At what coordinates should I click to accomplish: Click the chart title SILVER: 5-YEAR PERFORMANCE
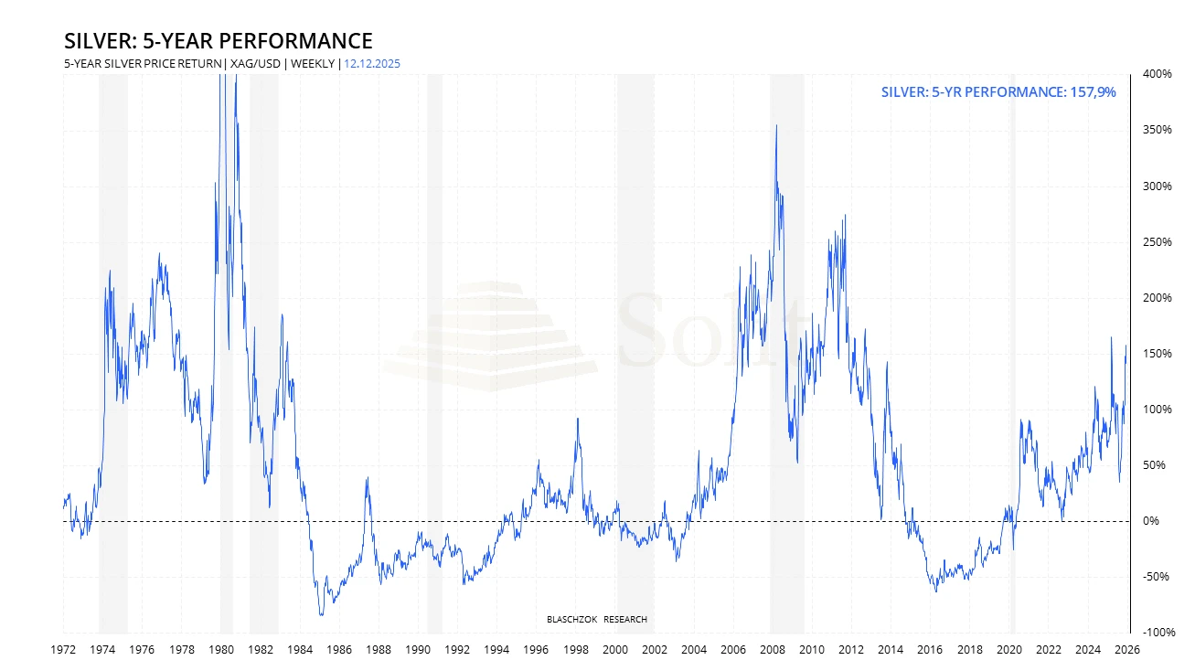[x=218, y=41]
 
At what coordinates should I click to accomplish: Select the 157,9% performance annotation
[x=998, y=92]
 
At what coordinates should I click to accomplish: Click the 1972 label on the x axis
[x=63, y=650]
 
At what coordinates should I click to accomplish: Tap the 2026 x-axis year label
[x=1127, y=650]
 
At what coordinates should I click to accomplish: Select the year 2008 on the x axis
[x=773, y=650]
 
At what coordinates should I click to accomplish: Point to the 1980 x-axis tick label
[x=220, y=650]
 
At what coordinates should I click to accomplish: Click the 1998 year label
[x=575, y=650]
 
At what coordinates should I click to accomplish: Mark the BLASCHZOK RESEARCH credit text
[x=596, y=620]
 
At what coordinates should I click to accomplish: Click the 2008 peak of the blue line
[x=776, y=126]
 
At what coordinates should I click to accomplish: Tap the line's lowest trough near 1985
[x=321, y=614]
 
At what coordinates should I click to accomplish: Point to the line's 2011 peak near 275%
[x=845, y=216]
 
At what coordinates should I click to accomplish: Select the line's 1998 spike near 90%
[x=577, y=419]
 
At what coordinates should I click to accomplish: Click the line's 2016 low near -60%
[x=935, y=591]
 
